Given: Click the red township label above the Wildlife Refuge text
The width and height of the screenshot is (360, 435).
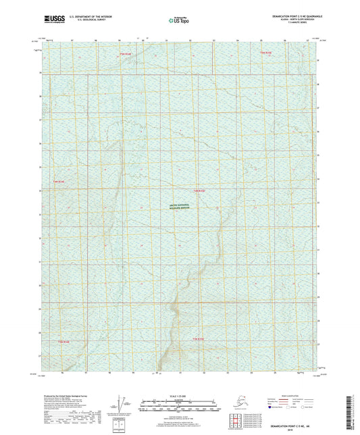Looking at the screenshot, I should coord(198,191).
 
